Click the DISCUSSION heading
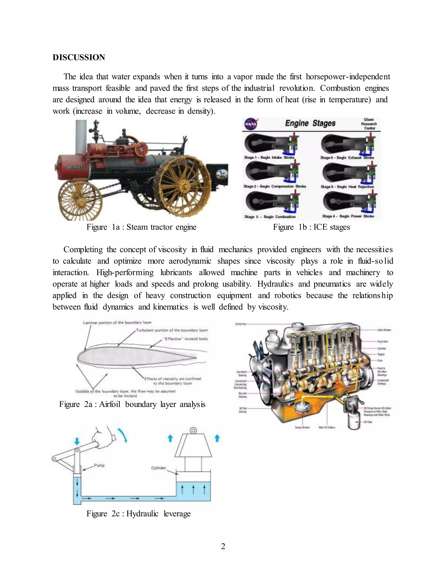click(x=79, y=57)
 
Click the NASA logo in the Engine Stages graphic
click(x=251, y=124)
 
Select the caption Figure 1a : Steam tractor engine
click(x=141, y=227)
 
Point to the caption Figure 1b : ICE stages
click(x=311, y=227)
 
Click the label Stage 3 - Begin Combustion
click(x=270, y=217)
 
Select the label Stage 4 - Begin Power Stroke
click(x=348, y=216)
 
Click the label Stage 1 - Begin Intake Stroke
click(x=269, y=157)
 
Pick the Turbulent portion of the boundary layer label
click(x=172, y=330)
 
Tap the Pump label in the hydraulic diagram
click(x=99, y=465)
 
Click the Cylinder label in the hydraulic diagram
click(x=158, y=468)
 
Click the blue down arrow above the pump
click(x=77, y=441)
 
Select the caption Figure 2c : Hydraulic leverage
click(x=139, y=514)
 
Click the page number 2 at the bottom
click(x=223, y=546)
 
